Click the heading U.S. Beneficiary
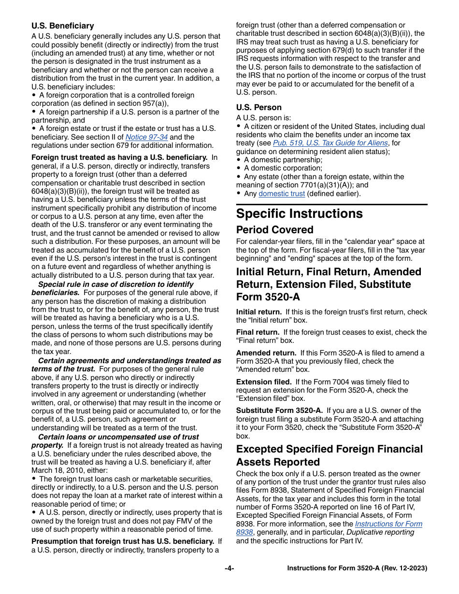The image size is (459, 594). pos(63,26)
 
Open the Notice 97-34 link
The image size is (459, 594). pos(146,137)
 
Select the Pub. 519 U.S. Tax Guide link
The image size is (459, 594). pos(330,143)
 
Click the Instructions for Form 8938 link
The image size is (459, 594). pos(388,524)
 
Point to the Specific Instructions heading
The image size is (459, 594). pos(299,213)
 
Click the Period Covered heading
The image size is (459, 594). pos(274,230)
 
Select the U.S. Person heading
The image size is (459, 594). pos(258,107)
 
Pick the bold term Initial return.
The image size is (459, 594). pos(258,312)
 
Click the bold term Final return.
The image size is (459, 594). pos(258,332)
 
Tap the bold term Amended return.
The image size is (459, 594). pos(266,353)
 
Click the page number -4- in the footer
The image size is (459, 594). pos(229,568)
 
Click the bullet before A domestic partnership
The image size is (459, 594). pos(239,160)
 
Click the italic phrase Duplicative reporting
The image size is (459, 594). pos(380,532)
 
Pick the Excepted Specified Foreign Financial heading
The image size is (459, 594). pos(329,449)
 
